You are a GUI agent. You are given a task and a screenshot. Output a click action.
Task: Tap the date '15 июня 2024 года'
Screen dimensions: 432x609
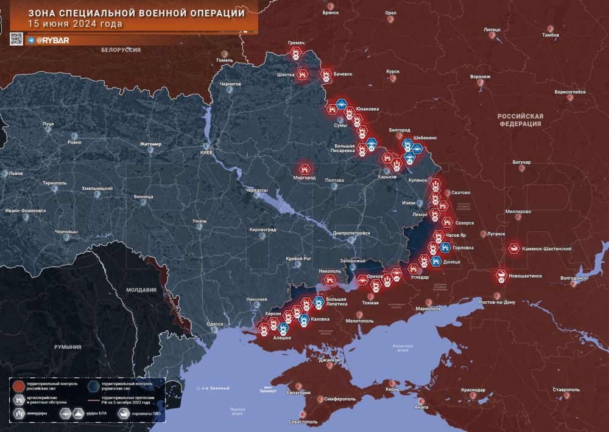pos(75,24)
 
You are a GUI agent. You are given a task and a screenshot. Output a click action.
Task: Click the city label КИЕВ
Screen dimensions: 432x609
pos(206,153)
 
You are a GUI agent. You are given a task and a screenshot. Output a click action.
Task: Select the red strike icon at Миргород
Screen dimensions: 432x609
pos(304,168)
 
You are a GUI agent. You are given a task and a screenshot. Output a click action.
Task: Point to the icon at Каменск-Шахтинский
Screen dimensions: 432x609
pos(515,248)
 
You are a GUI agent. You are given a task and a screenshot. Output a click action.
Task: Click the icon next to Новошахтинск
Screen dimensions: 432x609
pos(501,276)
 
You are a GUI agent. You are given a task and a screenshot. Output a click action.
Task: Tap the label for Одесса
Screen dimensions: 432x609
pos(215,324)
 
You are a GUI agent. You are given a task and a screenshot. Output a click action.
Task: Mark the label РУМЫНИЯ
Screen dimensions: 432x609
pos(67,347)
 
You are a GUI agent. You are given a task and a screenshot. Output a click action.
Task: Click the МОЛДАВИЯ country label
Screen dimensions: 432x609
pos(141,291)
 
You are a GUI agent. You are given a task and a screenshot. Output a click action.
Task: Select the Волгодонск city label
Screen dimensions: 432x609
pos(573,278)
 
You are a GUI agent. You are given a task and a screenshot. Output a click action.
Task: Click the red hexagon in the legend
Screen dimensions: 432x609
pos(19,386)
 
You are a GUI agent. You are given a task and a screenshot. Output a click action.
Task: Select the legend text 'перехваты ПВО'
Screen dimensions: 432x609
pos(149,414)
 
